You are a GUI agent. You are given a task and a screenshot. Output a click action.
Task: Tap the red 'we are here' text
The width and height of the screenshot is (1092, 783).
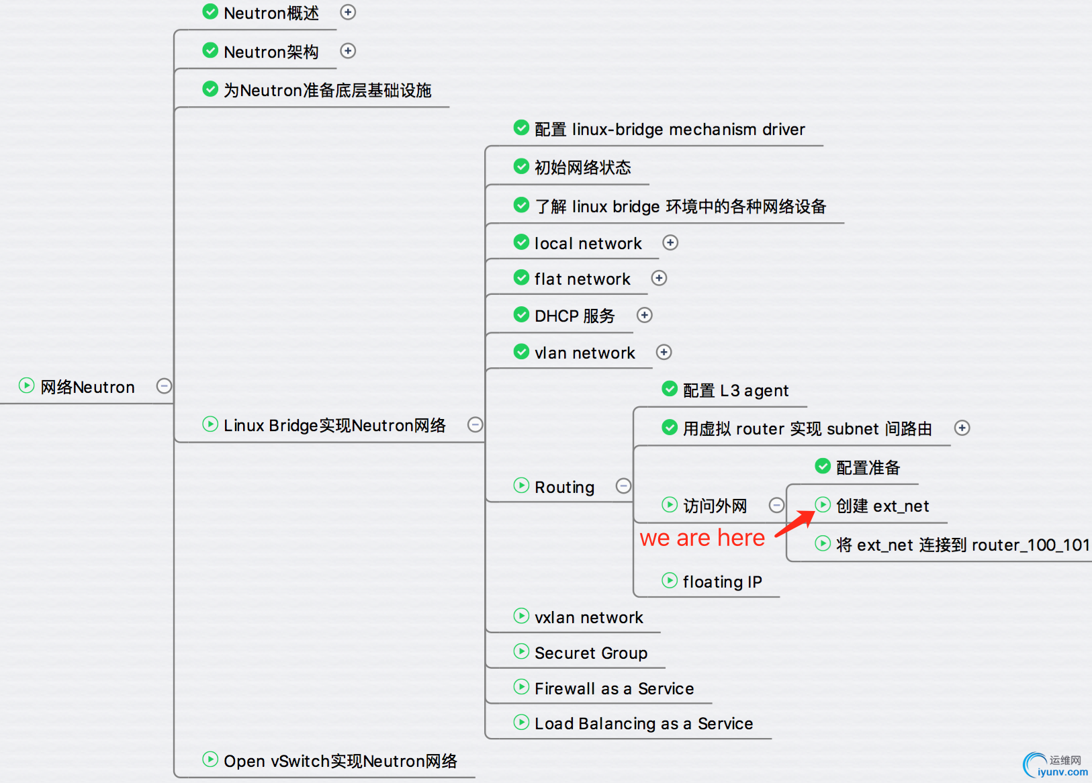click(702, 538)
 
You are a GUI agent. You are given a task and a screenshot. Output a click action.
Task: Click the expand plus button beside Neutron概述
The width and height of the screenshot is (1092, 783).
click(348, 12)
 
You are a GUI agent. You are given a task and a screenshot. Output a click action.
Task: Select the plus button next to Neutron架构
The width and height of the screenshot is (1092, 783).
click(348, 51)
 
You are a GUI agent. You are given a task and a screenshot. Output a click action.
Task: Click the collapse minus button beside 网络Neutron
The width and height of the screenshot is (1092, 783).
click(164, 386)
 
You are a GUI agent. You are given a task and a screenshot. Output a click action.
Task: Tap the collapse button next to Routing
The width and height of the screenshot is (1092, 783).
click(623, 486)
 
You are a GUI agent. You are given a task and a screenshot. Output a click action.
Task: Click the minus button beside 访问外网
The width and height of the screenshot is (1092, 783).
click(776, 505)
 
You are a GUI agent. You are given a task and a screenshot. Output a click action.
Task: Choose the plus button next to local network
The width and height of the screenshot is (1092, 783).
click(670, 242)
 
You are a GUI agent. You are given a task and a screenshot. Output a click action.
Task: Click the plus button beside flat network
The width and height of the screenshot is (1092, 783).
click(659, 278)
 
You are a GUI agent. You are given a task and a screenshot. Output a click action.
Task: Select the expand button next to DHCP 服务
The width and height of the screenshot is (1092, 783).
click(645, 315)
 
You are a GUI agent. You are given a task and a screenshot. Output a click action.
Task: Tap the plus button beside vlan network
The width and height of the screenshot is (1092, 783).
click(664, 352)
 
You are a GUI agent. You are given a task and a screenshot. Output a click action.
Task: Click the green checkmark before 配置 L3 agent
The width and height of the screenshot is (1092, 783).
click(670, 389)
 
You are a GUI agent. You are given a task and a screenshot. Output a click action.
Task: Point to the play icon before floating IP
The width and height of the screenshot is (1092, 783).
click(670, 580)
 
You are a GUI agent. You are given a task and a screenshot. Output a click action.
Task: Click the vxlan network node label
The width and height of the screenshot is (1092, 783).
click(588, 617)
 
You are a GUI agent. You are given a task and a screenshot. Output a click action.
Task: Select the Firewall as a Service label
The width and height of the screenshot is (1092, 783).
click(614, 688)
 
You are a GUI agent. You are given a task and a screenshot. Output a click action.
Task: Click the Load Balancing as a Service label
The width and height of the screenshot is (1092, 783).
click(643, 723)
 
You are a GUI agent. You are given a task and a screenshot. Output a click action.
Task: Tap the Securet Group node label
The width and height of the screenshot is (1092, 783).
click(591, 653)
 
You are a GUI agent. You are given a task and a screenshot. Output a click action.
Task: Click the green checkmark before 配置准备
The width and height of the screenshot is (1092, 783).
click(823, 466)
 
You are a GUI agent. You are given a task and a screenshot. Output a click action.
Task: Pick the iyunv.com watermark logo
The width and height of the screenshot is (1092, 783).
click(1054, 766)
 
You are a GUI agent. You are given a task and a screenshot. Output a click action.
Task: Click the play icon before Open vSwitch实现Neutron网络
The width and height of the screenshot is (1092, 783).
click(210, 759)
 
